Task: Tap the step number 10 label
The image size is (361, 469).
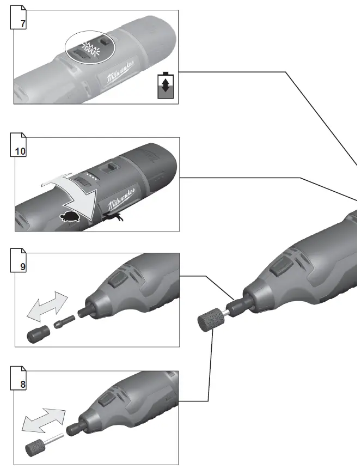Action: [x=20, y=150]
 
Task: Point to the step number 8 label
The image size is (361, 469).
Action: [x=22, y=383]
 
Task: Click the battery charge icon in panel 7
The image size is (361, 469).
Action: [x=165, y=86]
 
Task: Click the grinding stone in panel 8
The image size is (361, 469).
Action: [x=36, y=445]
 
